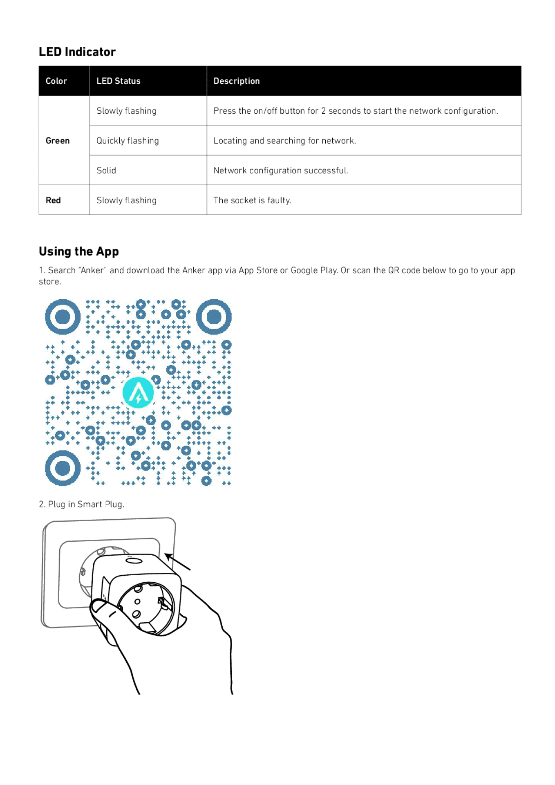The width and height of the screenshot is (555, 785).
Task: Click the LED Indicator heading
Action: pyautogui.click(x=77, y=52)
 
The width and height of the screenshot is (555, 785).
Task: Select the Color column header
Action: pyautogui.click(x=56, y=81)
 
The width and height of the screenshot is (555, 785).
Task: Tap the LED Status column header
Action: pyautogui.click(x=119, y=81)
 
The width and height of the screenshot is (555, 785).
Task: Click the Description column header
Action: pyautogui.click(x=236, y=81)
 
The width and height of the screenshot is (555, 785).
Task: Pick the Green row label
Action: pyautogui.click(x=58, y=141)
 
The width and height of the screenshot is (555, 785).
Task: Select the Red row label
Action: pyautogui.click(x=53, y=200)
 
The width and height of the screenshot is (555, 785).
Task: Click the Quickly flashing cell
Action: pyautogui.click(x=128, y=141)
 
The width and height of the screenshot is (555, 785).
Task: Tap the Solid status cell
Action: pyautogui.click(x=106, y=170)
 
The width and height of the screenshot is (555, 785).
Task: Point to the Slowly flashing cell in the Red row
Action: pyautogui.click(x=126, y=200)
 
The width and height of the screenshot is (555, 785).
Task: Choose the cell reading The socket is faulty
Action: pyautogui.click(x=252, y=200)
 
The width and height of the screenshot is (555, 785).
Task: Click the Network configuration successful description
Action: pyautogui.click(x=281, y=170)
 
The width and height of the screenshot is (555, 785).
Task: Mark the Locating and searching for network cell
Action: pyautogui.click(x=284, y=141)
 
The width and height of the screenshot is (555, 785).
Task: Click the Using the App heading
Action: pyautogui.click(x=79, y=251)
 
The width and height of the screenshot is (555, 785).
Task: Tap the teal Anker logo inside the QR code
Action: pyautogui.click(x=138, y=393)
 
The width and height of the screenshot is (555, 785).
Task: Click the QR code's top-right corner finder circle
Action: pyautogui.click(x=214, y=317)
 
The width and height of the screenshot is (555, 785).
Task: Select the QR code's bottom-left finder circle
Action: pyautogui.click(x=63, y=468)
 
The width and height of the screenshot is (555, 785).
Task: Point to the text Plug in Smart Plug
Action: pyautogui.click(x=82, y=504)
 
